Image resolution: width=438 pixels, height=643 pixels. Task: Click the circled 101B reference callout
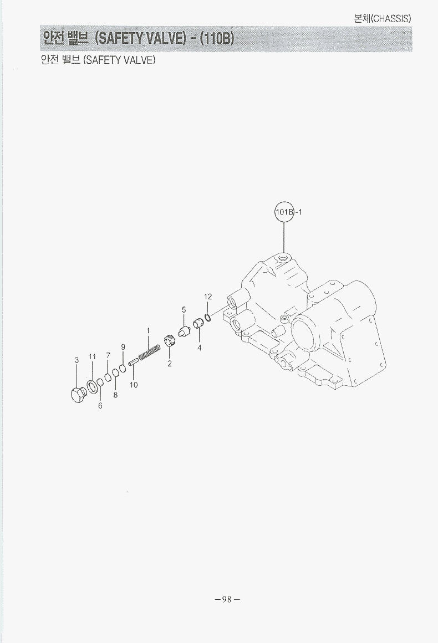[x=284, y=212]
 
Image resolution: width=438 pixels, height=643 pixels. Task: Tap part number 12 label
[x=208, y=297]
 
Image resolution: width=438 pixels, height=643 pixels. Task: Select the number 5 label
[x=184, y=309]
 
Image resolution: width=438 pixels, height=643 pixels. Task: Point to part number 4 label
[x=199, y=348]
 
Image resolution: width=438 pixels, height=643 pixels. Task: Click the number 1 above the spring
[x=148, y=330]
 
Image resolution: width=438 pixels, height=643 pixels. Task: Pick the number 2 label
[x=169, y=363]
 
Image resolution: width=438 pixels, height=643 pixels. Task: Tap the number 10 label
[x=134, y=385]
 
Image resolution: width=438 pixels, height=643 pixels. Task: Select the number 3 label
[x=77, y=360]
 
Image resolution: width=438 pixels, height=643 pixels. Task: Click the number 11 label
[x=92, y=357]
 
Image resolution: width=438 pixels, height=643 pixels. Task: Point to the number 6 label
[x=100, y=406]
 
